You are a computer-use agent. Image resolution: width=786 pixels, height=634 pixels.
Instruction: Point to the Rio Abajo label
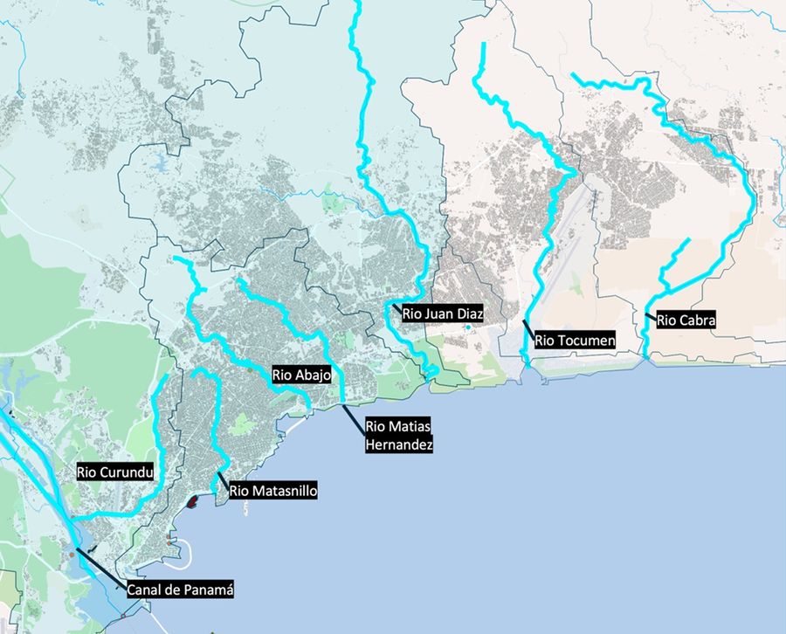click(x=301, y=375)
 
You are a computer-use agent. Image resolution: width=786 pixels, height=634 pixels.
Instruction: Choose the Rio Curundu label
click(x=115, y=472)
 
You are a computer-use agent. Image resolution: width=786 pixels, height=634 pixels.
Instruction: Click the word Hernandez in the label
click(x=399, y=444)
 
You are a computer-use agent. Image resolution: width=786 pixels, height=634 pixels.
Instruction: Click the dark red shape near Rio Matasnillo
click(x=192, y=501)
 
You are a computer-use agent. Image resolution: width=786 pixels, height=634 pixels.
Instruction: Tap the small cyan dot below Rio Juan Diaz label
click(x=468, y=327)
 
